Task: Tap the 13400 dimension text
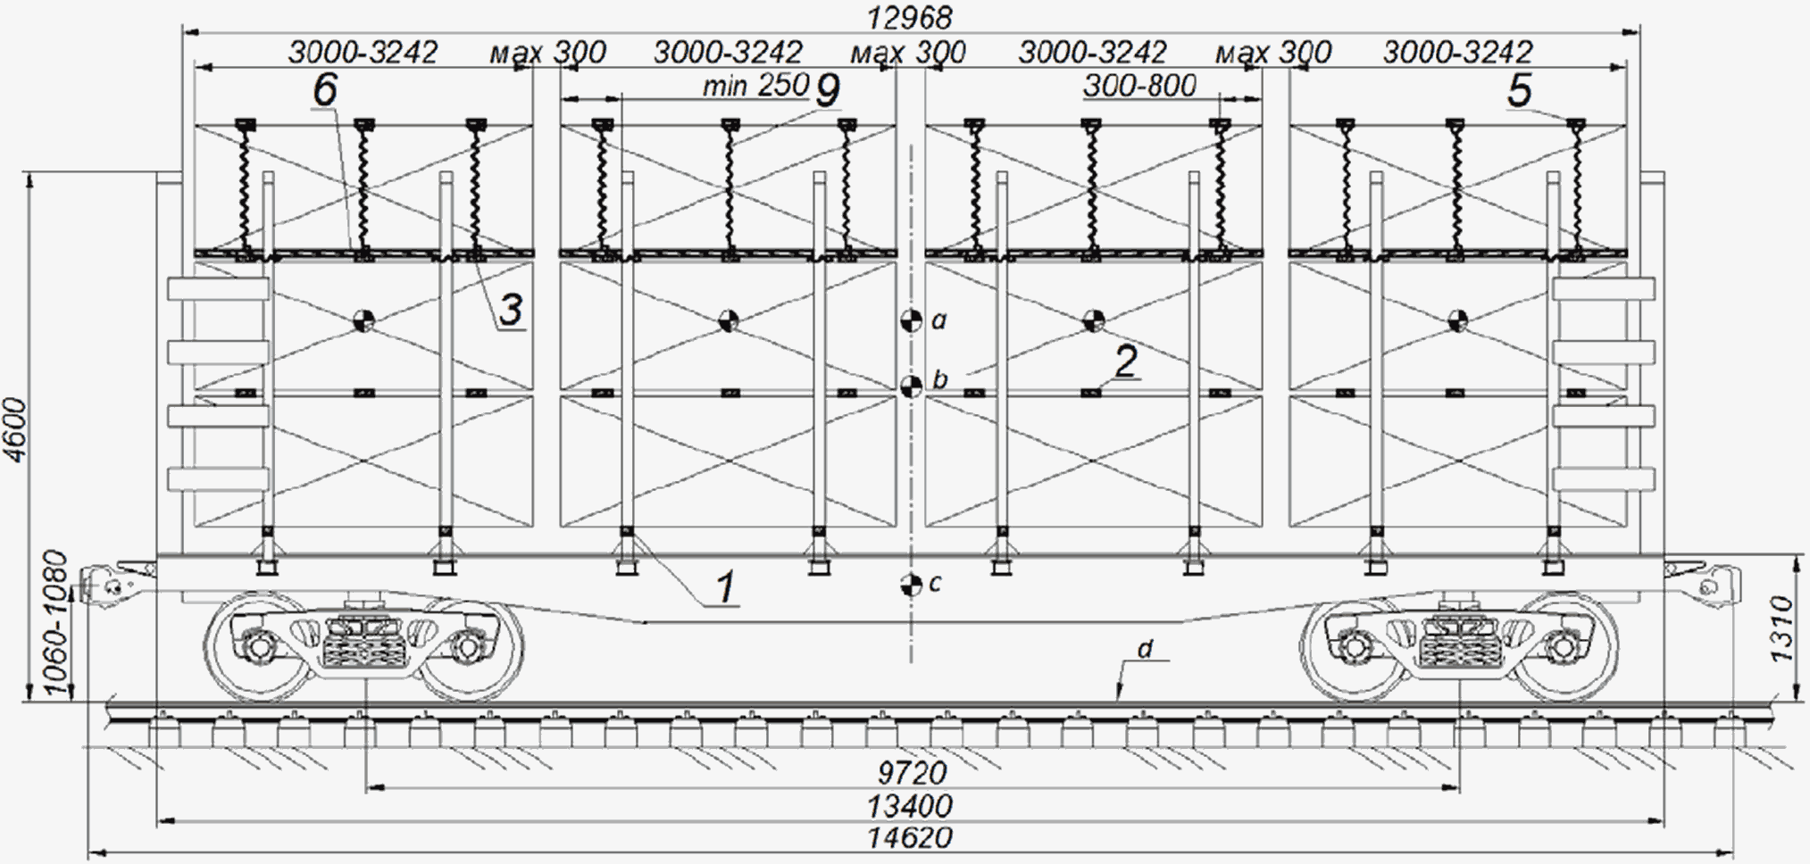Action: [x=910, y=806]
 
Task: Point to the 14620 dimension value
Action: [x=910, y=838]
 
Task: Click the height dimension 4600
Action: [x=17, y=431]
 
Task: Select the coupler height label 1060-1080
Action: [x=55, y=625]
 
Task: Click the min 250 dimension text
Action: [x=755, y=86]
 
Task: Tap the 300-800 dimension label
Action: [x=1139, y=86]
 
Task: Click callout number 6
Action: [x=325, y=89]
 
